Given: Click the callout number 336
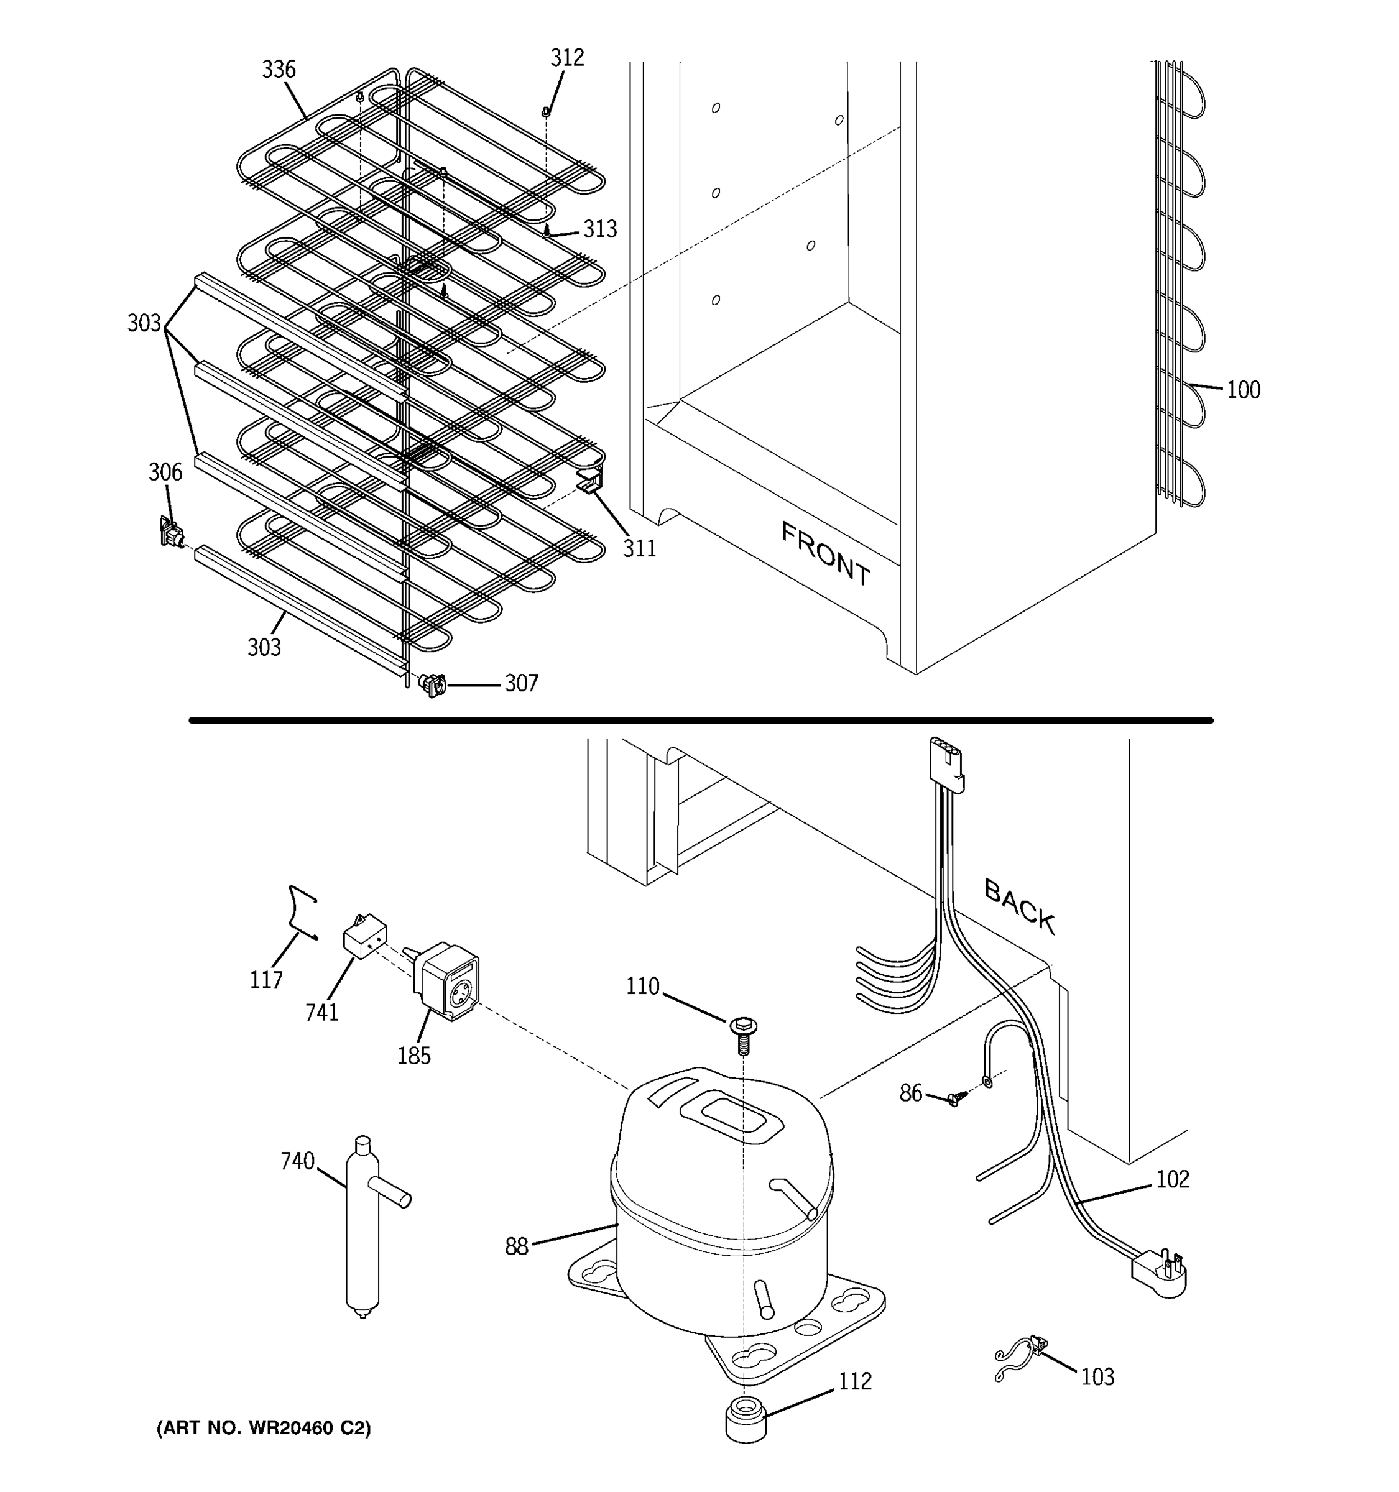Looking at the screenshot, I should click(x=279, y=70).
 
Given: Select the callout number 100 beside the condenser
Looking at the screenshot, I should click(x=1243, y=390).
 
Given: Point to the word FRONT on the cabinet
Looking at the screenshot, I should click(x=826, y=554).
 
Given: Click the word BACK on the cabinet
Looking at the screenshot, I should click(x=1019, y=906).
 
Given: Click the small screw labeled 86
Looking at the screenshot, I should click(x=956, y=1098).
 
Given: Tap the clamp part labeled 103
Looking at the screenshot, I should click(x=1021, y=1355).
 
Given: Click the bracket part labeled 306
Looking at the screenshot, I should click(x=172, y=532).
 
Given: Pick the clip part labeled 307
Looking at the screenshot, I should click(x=432, y=684).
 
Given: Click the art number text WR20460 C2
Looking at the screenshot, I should click(x=264, y=1428).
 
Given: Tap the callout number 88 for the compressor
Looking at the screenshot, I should click(x=516, y=1246).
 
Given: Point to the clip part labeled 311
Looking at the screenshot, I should click(x=591, y=482).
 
